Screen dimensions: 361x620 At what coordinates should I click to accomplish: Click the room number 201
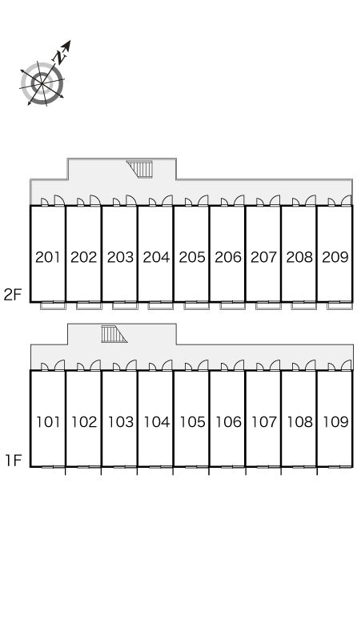[x=48, y=257]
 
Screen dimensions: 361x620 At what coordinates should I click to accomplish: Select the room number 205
[x=192, y=257]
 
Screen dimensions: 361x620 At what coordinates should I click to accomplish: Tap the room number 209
[x=335, y=257]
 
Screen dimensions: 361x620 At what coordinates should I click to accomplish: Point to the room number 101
[x=48, y=422]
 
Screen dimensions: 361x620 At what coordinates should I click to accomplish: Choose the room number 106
[x=228, y=422]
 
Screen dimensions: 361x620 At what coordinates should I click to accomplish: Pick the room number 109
[x=335, y=422]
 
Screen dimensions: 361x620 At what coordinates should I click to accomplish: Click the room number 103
[x=121, y=422]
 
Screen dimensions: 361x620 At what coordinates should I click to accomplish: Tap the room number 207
[x=264, y=257]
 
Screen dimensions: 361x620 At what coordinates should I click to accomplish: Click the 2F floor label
[x=12, y=295]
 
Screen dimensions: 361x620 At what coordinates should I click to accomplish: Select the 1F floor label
[x=13, y=461]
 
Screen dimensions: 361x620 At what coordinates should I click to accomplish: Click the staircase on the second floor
[x=140, y=169]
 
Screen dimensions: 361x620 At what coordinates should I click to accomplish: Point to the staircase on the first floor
[x=114, y=334]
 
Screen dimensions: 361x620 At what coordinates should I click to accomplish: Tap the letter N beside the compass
[x=60, y=58]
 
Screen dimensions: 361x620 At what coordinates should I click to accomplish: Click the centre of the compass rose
[x=42, y=83]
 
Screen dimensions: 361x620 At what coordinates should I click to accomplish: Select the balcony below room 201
[x=53, y=305]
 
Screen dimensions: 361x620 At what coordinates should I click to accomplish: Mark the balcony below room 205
[x=197, y=305]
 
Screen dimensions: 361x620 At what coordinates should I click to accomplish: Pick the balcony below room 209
[x=340, y=305]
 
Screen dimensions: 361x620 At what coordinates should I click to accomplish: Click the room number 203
[x=120, y=257]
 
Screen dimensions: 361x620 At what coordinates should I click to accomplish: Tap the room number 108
[x=300, y=422]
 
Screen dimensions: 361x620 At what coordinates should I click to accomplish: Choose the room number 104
[x=157, y=422]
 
